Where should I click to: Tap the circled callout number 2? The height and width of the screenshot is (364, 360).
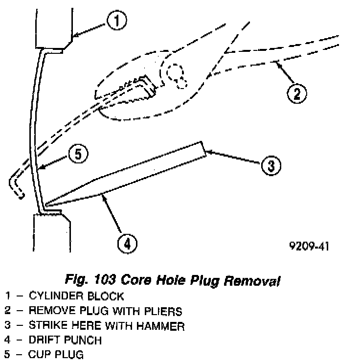[x=296, y=92]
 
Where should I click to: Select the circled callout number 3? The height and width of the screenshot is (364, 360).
[x=270, y=166]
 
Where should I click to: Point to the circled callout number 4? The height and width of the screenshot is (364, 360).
[x=127, y=243]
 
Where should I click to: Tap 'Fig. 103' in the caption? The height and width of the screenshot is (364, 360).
[x=88, y=281]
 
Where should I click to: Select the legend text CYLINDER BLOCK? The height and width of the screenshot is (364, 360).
[x=76, y=296]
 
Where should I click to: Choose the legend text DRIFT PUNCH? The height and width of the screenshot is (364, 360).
[x=65, y=341]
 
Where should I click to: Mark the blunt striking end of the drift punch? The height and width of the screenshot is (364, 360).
[x=203, y=150]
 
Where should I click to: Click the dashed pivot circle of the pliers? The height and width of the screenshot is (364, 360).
[x=176, y=74]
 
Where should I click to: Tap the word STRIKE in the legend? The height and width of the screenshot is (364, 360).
[x=47, y=326]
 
